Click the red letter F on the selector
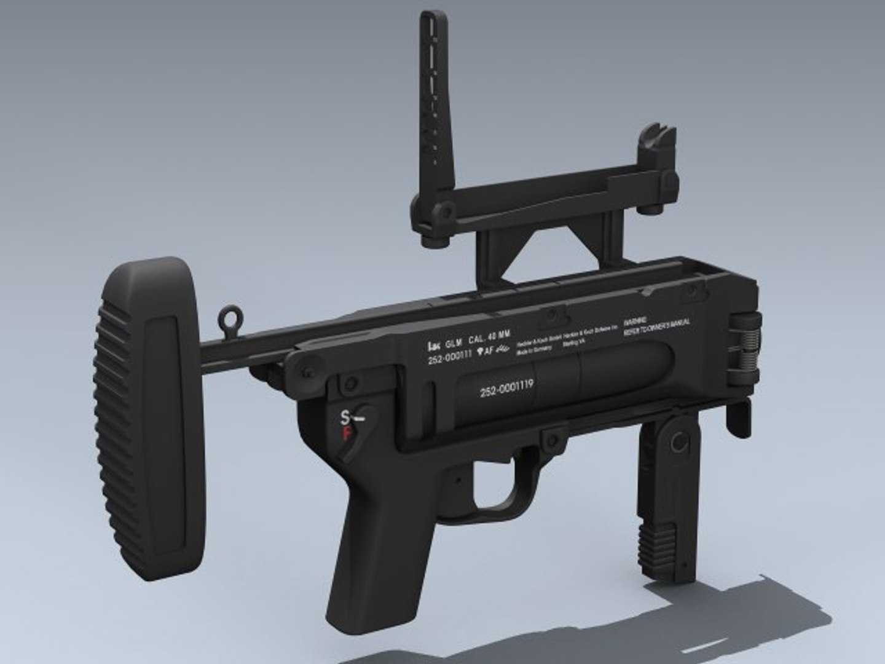[346, 434]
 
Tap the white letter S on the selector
[345, 417]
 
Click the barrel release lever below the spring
[739, 417]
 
